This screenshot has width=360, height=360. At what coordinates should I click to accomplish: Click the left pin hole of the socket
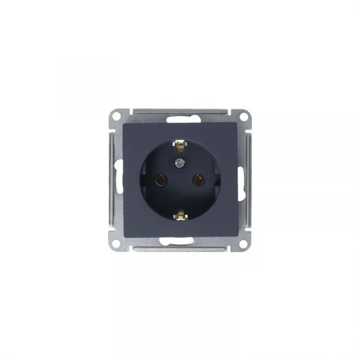[x=161, y=178]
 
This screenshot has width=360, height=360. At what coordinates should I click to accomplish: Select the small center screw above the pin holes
[x=179, y=163]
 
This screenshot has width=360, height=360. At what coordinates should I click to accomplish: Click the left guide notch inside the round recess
[x=143, y=179]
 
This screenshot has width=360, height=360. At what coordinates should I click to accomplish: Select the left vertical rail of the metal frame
[x=112, y=179]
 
